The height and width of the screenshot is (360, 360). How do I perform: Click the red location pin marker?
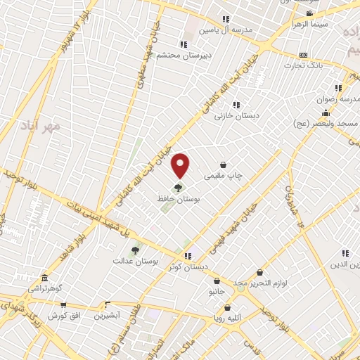(181, 166)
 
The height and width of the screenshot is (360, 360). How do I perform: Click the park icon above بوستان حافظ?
(177, 188)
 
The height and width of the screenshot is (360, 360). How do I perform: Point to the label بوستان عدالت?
(136, 260)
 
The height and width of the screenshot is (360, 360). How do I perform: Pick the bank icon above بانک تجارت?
(303, 54)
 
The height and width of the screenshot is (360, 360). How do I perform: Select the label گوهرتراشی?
(46, 288)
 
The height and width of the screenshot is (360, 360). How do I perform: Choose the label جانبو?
(215, 290)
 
